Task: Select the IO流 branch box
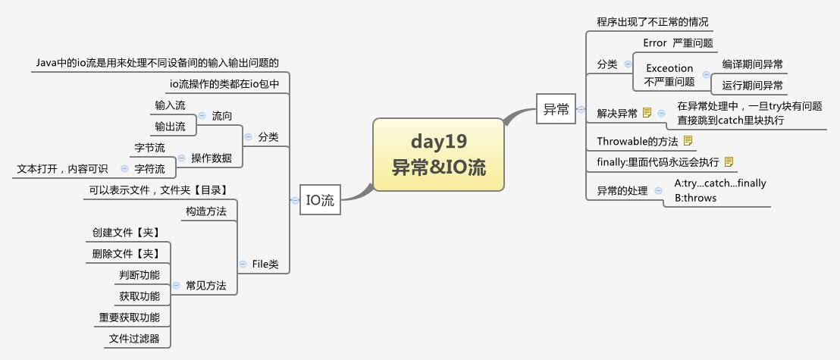tap(319, 201)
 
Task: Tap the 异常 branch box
tap(556, 109)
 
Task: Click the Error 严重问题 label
tap(678, 43)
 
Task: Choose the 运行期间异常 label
tap(753, 85)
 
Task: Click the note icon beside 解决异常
tap(647, 114)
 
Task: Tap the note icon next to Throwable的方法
tap(688, 141)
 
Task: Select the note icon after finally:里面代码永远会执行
tap(729, 161)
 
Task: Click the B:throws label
tap(695, 198)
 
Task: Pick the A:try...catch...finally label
tap(720, 183)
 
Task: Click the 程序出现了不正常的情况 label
tap(652, 22)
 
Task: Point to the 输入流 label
tap(170, 105)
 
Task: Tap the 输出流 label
tap(170, 126)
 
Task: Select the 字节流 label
tap(149, 147)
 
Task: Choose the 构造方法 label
tap(206, 211)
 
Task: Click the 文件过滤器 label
tap(134, 339)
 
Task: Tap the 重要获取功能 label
tap(129, 318)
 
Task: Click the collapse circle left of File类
tap(242, 265)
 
